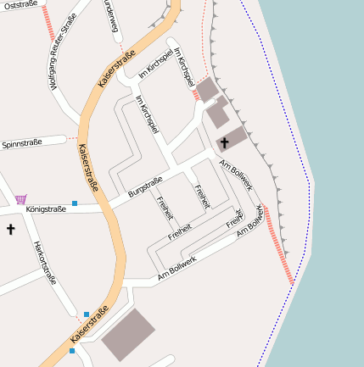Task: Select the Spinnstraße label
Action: pos(21,144)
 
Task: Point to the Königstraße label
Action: pos(46,209)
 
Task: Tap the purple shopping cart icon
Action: pos(20,199)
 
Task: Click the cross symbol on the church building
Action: pos(225,142)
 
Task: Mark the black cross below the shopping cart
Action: pos(11,229)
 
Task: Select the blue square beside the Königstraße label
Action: pos(75,203)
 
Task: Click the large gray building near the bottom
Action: pos(129,335)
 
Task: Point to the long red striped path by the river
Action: pos(279,245)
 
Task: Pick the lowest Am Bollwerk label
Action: pos(177,269)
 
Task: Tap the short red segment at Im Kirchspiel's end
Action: pos(196,95)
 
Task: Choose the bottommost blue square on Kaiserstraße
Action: pos(72,350)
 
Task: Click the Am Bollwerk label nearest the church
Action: pos(235,175)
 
